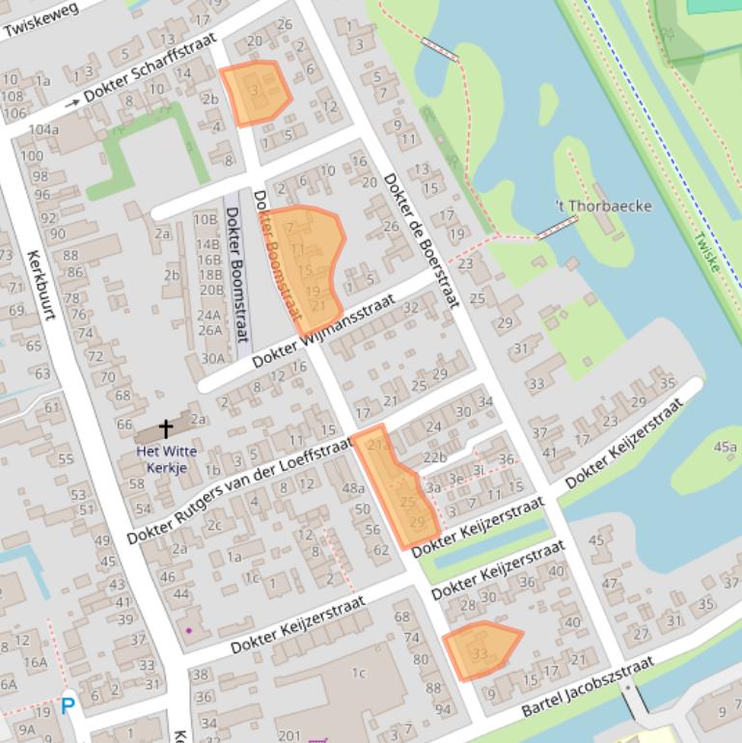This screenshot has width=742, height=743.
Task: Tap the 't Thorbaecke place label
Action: click(603, 206)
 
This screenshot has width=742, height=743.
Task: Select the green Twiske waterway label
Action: click(707, 252)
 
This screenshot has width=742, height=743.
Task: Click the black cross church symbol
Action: click(166, 428)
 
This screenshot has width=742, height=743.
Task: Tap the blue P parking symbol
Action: click(68, 706)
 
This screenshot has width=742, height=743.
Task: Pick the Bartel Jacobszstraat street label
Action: click(588, 686)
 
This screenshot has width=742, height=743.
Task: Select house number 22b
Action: click(434, 457)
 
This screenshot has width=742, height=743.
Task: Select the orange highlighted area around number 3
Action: click(256, 93)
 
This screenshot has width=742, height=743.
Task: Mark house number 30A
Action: click(212, 358)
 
